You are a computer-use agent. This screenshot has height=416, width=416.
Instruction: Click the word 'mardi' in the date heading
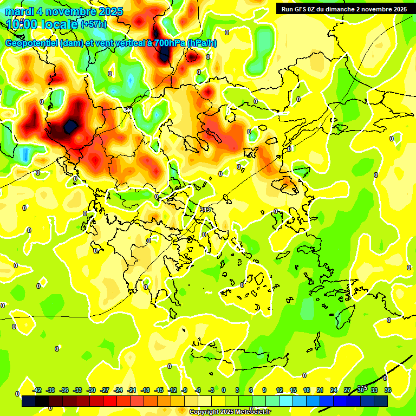click(21, 11)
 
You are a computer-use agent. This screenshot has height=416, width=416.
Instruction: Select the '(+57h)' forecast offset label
click(94, 24)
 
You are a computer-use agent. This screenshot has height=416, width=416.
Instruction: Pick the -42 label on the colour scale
click(37, 390)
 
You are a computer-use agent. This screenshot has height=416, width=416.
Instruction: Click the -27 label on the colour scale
click(105, 390)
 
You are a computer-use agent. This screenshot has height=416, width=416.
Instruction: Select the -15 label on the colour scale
click(159, 390)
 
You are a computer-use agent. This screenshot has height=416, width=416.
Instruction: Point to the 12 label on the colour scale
click(279, 390)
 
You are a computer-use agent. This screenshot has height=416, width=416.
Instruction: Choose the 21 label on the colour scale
click(320, 390)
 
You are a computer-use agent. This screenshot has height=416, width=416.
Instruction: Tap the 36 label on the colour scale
click(388, 390)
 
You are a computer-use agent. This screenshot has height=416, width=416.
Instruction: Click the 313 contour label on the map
click(205, 210)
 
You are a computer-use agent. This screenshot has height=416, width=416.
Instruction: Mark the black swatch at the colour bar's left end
click(29, 401)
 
